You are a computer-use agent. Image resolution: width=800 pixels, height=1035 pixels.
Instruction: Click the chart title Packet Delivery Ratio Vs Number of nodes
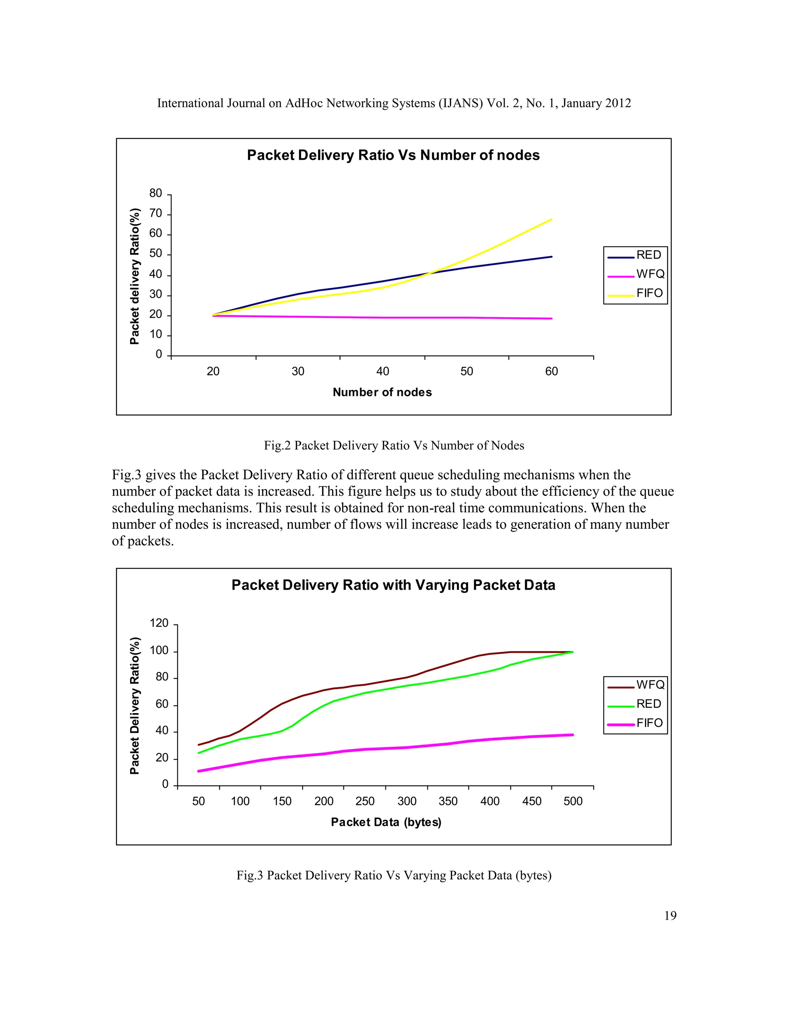[393, 155]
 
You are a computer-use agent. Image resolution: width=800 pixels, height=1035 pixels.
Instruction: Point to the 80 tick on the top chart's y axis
[155, 193]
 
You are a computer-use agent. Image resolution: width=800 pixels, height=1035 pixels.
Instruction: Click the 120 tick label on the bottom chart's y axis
[159, 623]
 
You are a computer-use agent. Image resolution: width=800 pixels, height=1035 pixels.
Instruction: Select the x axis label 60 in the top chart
[551, 371]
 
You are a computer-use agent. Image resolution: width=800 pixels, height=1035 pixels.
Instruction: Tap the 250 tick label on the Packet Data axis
[365, 801]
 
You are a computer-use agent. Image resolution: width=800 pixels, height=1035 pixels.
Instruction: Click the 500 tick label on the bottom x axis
[573, 801]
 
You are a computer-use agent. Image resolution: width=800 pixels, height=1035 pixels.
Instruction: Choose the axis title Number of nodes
[382, 393]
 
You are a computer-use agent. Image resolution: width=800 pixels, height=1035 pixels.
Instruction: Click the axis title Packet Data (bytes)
[386, 822]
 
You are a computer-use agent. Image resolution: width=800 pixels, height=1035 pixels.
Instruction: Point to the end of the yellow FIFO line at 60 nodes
[552, 219]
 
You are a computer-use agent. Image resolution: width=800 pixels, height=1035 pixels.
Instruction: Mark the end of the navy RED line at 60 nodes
[552, 257]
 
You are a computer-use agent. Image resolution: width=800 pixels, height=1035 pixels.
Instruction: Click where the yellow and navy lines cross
[429, 273]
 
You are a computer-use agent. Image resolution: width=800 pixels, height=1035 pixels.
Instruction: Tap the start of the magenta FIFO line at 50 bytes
[198, 771]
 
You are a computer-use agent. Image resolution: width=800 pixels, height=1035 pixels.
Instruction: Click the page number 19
[670, 916]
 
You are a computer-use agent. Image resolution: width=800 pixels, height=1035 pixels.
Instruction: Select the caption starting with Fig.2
[394, 446]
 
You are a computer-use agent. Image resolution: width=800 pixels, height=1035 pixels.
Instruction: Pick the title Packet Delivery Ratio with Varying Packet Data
[393, 585]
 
